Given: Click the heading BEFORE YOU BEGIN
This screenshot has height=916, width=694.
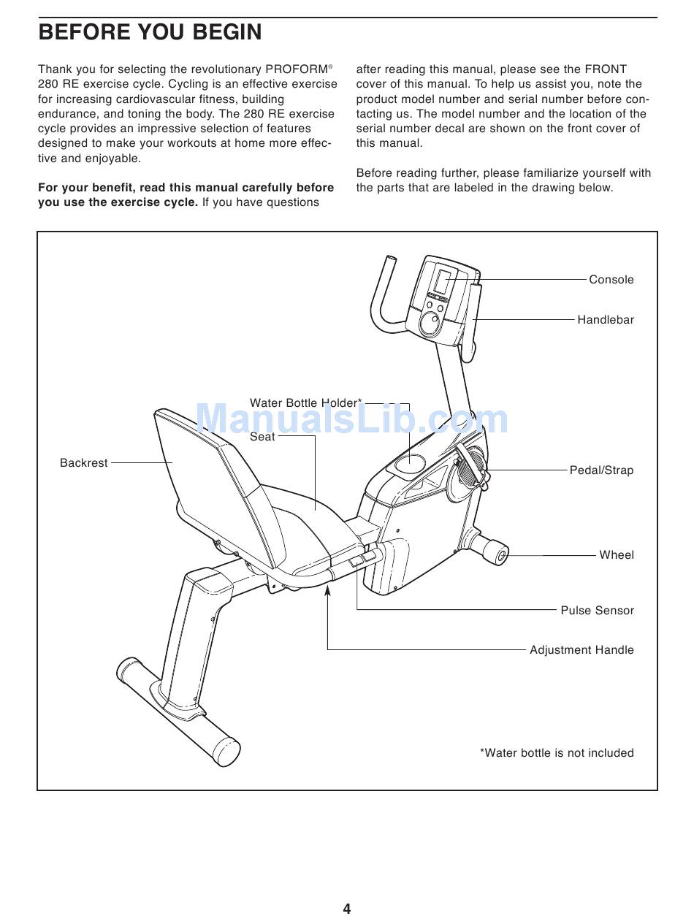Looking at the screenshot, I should pyautogui.click(x=150, y=33).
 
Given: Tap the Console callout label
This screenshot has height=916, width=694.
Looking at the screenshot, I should pyautogui.click(x=611, y=280).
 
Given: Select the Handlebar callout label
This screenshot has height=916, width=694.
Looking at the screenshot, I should pyautogui.click(x=605, y=320).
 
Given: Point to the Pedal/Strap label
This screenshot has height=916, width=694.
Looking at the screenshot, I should pyautogui.click(x=601, y=470).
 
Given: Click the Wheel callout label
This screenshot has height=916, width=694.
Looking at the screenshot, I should pyautogui.click(x=616, y=555).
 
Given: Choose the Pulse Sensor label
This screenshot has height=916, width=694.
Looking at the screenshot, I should pyautogui.click(x=597, y=611).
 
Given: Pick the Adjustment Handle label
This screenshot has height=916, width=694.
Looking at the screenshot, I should pyautogui.click(x=581, y=650).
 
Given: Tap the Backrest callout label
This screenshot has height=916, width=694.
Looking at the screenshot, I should pyautogui.click(x=83, y=463).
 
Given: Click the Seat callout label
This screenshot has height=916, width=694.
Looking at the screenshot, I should pyautogui.click(x=262, y=437).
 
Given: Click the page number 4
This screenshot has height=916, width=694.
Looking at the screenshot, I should pyautogui.click(x=347, y=909).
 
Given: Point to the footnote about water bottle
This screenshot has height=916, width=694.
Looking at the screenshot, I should pyautogui.click(x=557, y=753).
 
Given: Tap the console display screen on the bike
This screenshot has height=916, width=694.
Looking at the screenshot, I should pyautogui.click(x=443, y=281).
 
